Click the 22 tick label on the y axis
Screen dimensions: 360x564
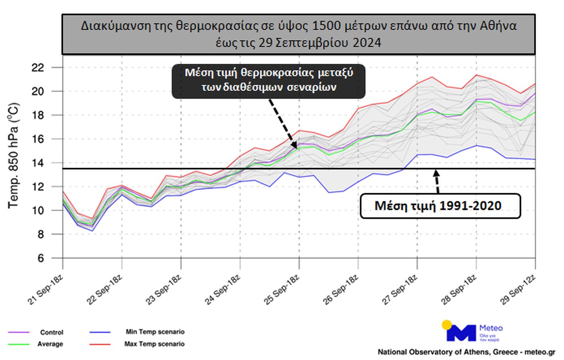coord(37,67)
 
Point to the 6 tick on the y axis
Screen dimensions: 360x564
coord(41,258)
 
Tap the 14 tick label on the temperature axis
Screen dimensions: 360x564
coord(37,163)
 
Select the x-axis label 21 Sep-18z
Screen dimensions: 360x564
coord(46,289)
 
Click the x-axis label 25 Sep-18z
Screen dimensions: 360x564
coord(282,289)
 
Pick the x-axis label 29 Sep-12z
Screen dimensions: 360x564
coord(519,289)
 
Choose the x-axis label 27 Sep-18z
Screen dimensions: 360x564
coord(400,289)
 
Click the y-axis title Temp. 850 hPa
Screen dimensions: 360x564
coord(13,156)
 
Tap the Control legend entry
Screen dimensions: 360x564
coord(52,332)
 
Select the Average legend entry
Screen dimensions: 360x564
coord(50,344)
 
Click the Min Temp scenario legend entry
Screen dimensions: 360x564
coord(155,332)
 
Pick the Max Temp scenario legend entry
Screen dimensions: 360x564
coord(155,344)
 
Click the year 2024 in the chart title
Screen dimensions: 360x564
coord(367,43)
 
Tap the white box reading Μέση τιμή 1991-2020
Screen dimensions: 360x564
coord(440,206)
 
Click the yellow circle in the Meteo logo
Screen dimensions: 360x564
coord(447,325)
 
